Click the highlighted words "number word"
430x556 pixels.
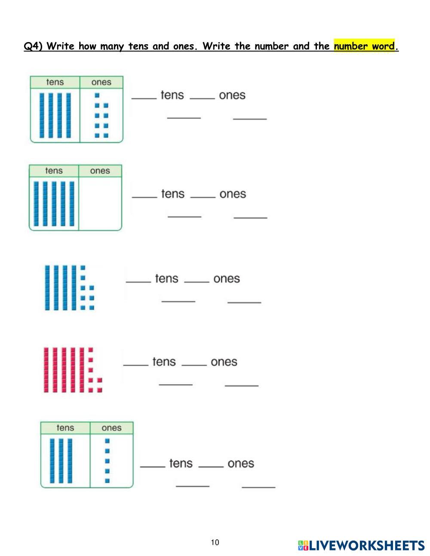click(x=364, y=46)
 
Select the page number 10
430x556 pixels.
click(x=215, y=542)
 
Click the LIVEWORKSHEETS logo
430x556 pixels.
click(x=361, y=546)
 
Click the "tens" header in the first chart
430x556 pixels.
click(x=55, y=82)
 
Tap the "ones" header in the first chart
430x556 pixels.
click(x=101, y=82)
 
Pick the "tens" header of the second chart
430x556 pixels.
click(x=54, y=171)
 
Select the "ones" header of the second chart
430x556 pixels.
click(x=100, y=171)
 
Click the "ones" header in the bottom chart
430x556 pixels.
click(x=111, y=428)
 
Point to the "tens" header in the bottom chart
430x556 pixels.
click(x=65, y=428)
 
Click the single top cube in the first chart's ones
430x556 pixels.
click(x=97, y=95)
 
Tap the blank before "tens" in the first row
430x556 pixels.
click(x=144, y=97)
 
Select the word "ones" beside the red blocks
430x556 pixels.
click(x=224, y=362)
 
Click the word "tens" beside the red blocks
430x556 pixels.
click(x=164, y=362)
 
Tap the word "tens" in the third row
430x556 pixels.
click(x=166, y=278)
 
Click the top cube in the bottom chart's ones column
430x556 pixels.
click(x=107, y=441)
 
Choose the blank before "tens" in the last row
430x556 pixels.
click(x=153, y=465)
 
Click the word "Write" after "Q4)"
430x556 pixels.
click(x=61, y=46)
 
